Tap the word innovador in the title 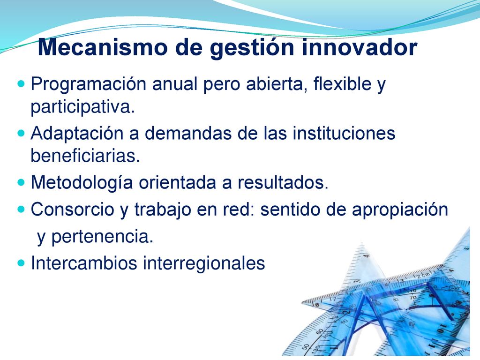360,47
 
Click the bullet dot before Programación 21,83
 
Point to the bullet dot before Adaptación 21,133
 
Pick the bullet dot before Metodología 21,183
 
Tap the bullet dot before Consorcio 21,210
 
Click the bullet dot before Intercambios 21,262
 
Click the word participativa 82,107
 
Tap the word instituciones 344,133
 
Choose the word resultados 283,182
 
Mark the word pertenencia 102,237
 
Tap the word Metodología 82,183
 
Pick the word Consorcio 72,210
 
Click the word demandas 188,133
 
